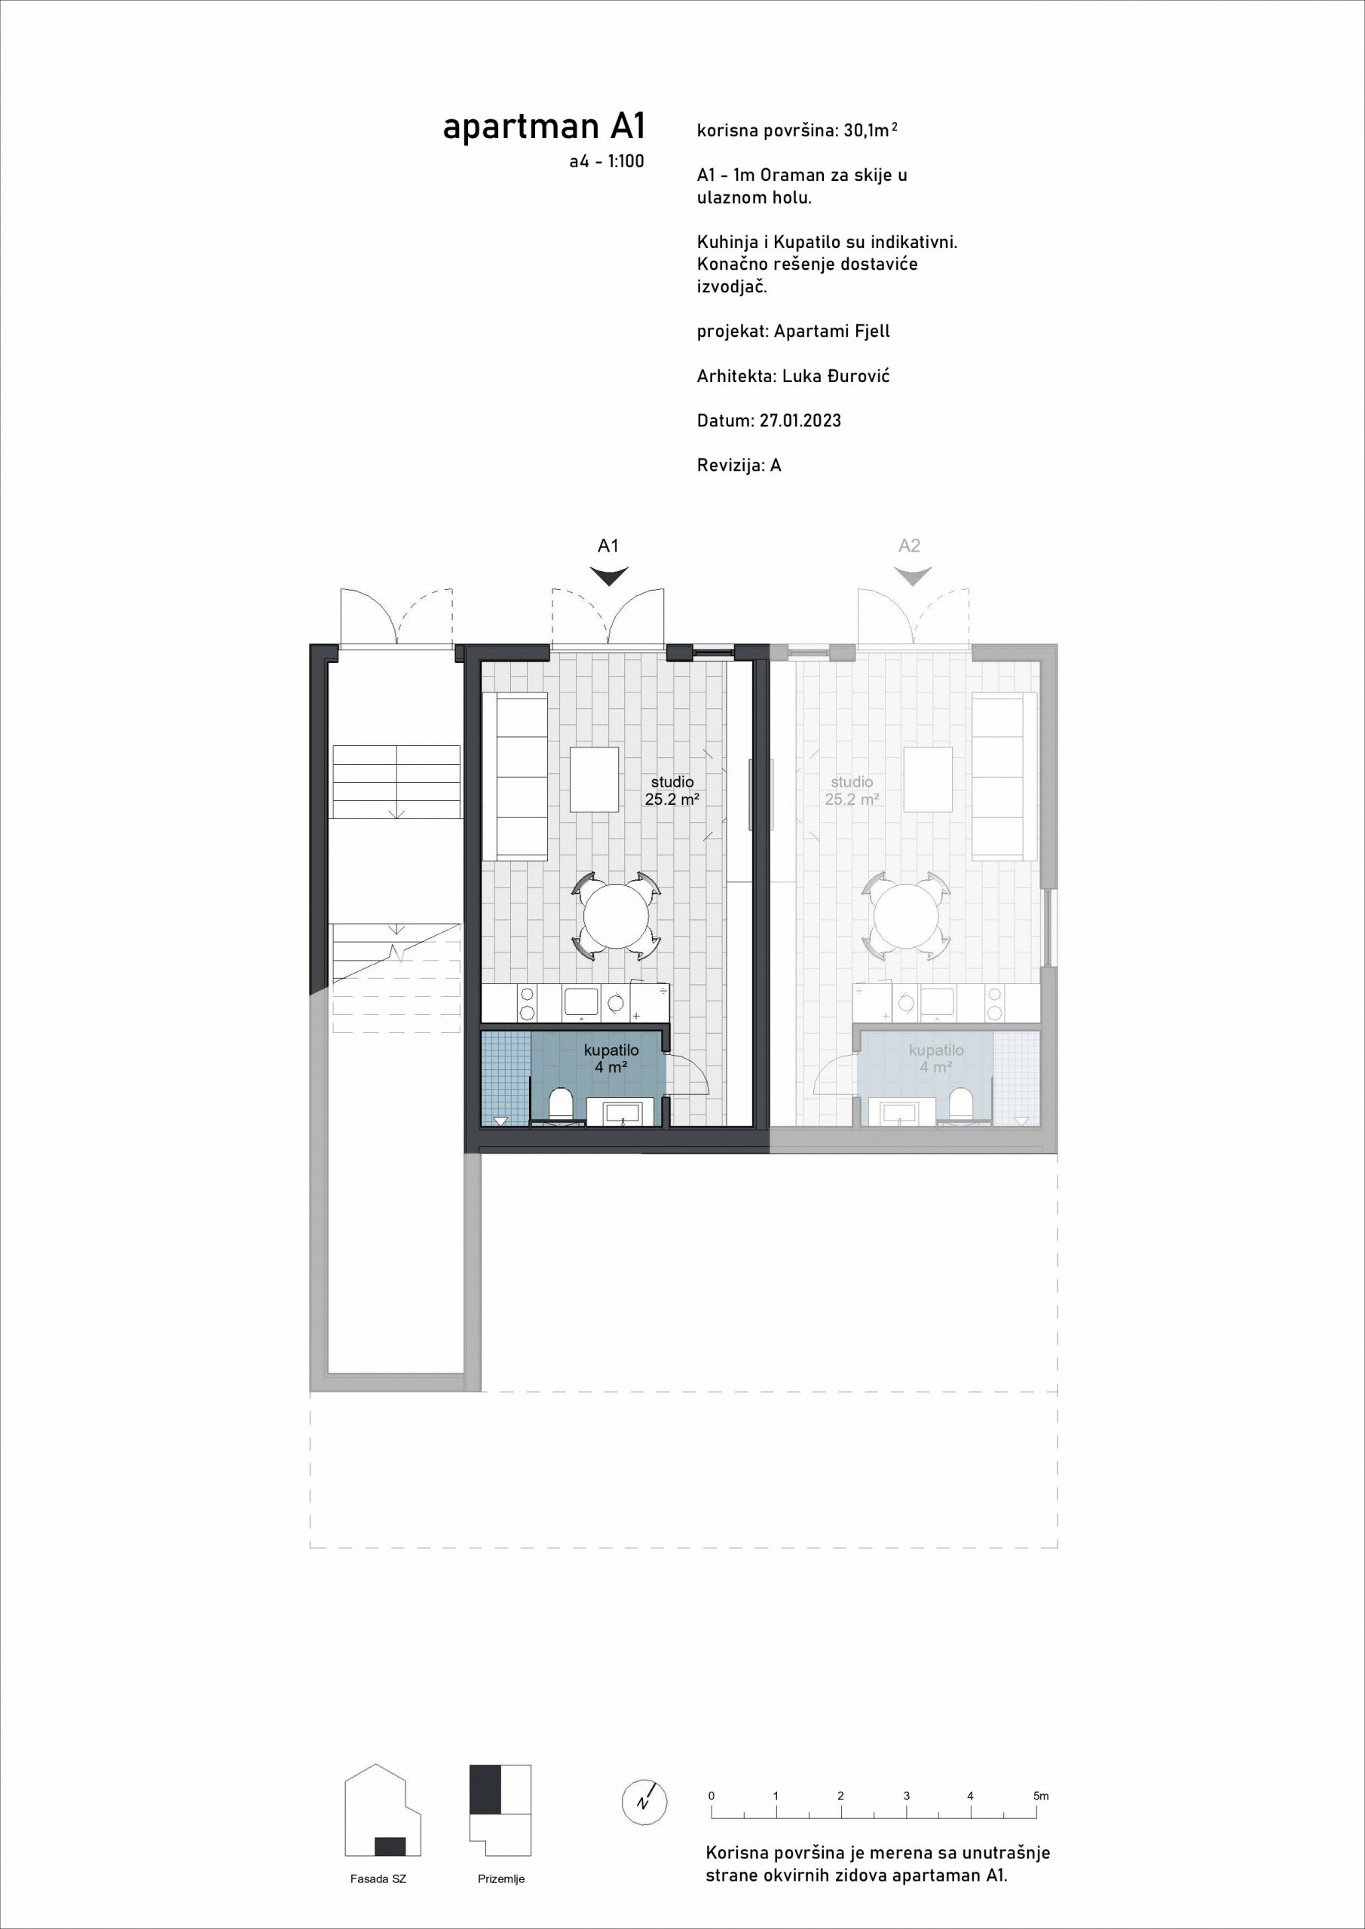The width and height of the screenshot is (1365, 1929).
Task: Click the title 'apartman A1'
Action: (x=544, y=127)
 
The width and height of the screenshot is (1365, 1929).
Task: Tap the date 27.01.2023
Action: (x=800, y=420)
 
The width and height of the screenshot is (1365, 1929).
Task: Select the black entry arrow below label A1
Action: (x=608, y=576)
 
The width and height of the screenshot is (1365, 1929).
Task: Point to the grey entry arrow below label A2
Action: (x=912, y=576)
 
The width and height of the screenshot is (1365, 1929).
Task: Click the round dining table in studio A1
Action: (x=616, y=916)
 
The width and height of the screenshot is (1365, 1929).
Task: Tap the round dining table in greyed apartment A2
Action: (x=906, y=916)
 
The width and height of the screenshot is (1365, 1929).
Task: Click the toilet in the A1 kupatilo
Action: (x=561, y=1104)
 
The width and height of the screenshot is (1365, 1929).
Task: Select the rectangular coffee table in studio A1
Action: (x=594, y=779)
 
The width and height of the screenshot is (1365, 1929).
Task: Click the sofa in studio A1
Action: (x=516, y=776)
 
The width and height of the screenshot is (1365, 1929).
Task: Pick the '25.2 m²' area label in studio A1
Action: (x=672, y=799)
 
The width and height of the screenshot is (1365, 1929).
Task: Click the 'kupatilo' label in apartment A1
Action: (x=611, y=1050)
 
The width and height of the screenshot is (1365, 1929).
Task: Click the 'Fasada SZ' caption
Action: (x=378, y=1879)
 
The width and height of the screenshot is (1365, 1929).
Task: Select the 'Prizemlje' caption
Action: (x=501, y=1879)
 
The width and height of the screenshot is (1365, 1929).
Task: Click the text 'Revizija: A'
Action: (x=739, y=465)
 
